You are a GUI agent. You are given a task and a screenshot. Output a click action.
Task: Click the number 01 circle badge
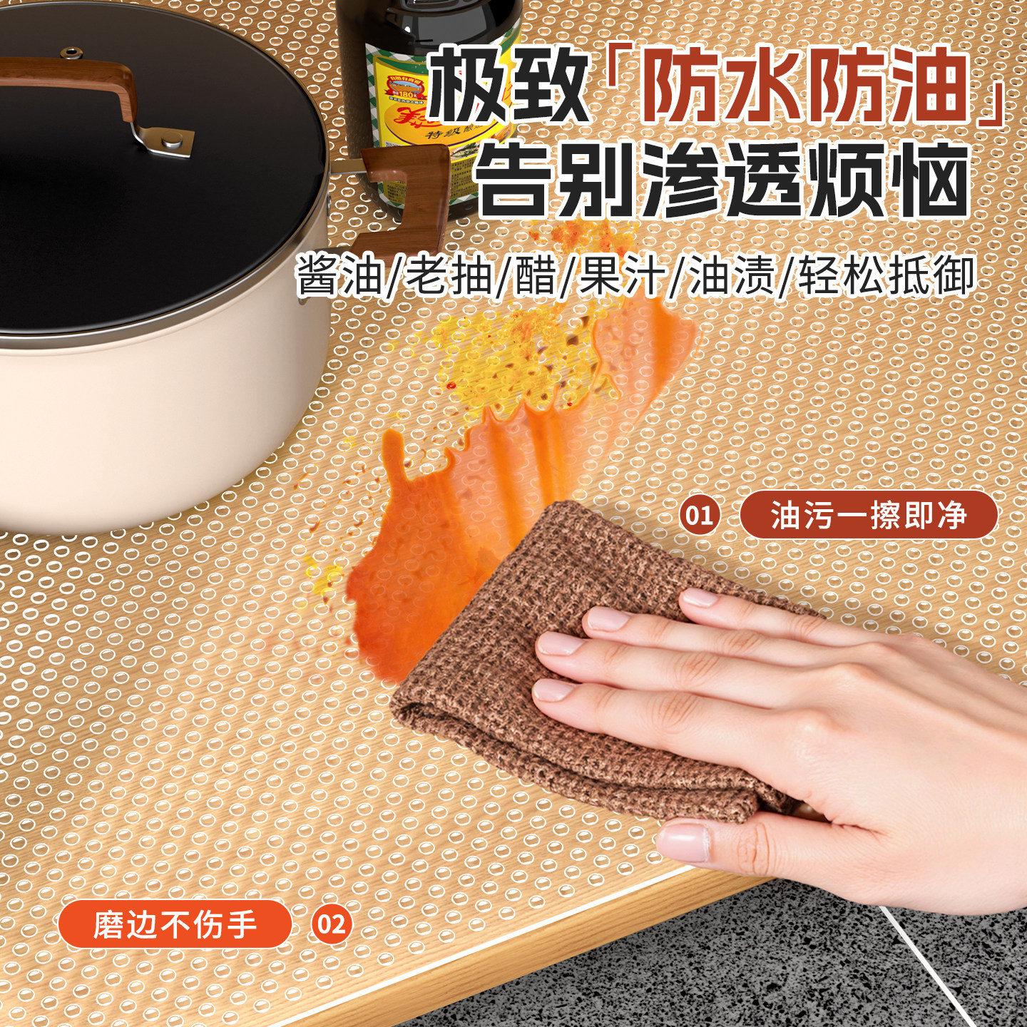tap(699, 515)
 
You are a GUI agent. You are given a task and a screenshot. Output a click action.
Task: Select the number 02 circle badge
tap(331, 924)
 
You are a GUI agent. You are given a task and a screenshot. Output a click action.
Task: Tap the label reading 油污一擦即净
tap(868, 515)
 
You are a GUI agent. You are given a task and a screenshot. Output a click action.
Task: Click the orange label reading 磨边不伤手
tap(175, 925)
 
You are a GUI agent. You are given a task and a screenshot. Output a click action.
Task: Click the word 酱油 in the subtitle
tap(339, 276)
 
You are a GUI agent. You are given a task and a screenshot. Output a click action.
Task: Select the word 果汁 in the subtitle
tap(621, 276)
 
